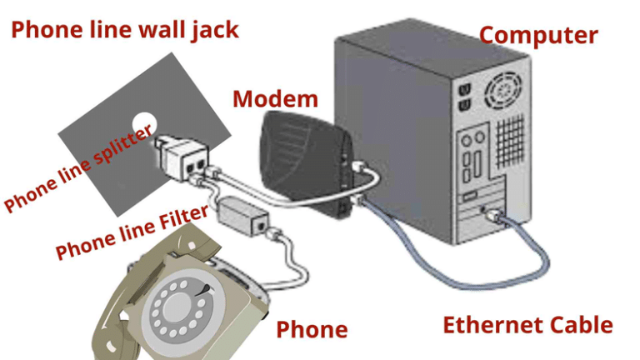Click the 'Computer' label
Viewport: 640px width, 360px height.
pyautogui.click(x=538, y=35)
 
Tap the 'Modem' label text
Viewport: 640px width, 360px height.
pyautogui.click(x=275, y=99)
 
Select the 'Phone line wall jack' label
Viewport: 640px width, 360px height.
pyautogui.click(x=125, y=30)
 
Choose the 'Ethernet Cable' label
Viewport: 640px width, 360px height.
pyautogui.click(x=527, y=324)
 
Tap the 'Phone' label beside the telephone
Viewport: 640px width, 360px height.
pyautogui.click(x=312, y=329)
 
